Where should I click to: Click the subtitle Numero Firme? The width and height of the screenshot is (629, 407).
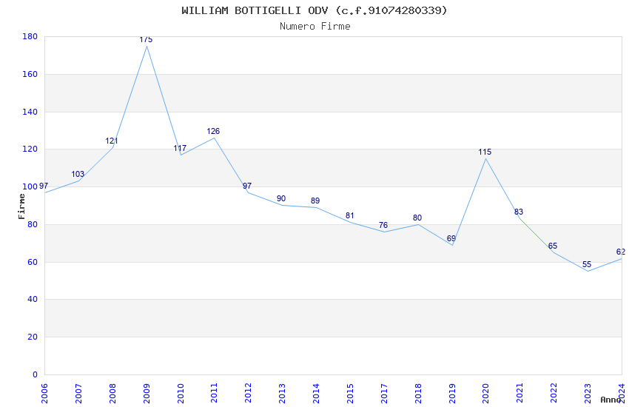point(314,26)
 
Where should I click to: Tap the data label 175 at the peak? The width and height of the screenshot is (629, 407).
point(146,39)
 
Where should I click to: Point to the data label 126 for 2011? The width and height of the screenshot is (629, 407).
point(213,131)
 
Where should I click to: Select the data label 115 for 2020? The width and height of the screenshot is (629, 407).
point(485,152)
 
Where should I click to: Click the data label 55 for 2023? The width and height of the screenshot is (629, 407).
point(587,264)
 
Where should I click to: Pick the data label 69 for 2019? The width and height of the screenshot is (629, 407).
point(451,238)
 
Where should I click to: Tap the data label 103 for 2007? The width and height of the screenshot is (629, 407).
point(78,174)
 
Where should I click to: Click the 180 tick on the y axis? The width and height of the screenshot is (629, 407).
point(30,37)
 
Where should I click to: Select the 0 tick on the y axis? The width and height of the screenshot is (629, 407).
point(36,374)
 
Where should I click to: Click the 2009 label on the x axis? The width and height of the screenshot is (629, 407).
point(147,392)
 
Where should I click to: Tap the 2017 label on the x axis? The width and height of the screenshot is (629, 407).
point(384,392)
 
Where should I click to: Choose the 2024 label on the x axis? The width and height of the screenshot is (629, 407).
point(622,392)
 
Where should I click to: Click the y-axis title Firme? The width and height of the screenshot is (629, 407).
point(22,206)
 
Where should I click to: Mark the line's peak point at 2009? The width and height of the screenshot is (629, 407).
point(147,46)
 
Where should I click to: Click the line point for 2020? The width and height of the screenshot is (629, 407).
point(485,158)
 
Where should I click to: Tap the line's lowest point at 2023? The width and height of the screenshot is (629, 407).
point(588,271)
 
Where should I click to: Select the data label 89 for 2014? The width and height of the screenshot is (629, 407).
point(315,201)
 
